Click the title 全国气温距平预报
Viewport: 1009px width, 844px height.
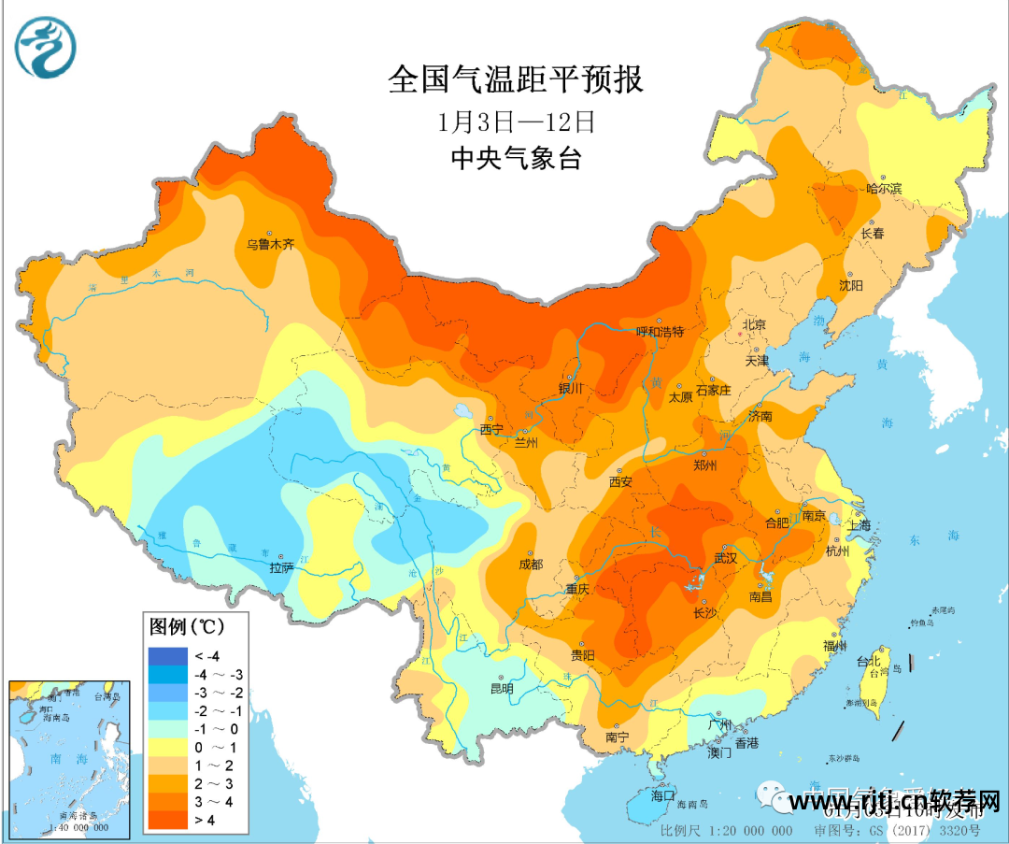coord(516,79)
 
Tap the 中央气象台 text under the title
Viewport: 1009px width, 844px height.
coord(516,159)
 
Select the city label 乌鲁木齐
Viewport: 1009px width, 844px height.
coord(270,245)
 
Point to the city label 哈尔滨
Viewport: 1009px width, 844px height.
coord(883,189)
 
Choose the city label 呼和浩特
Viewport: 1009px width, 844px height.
coord(661,332)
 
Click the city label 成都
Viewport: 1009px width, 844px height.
coord(531,565)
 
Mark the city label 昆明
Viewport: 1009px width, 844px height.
coord(502,689)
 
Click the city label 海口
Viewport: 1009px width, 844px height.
coord(662,795)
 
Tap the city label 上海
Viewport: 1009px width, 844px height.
coord(860,525)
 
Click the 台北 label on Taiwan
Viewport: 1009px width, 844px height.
coord(867,661)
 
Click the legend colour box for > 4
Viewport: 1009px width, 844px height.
coord(166,820)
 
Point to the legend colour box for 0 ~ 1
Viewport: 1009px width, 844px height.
coord(166,747)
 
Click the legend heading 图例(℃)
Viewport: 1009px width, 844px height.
coord(187,623)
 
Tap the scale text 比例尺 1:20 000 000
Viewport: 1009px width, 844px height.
coord(727,830)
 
